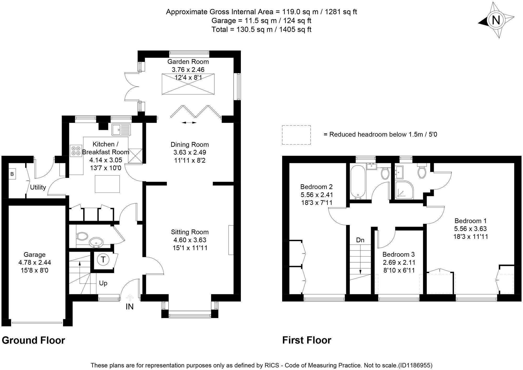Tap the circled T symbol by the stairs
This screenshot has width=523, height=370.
coord(103,259)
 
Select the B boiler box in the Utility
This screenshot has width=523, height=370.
coord(12,174)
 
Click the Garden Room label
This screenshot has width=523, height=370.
coord(188,62)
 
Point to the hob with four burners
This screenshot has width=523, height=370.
coord(76,151)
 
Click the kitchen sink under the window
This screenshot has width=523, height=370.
coord(121,130)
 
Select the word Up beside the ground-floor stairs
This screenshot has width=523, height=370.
coord(103,283)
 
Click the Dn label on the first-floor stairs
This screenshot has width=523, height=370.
coord(360,240)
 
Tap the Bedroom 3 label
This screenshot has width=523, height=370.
coord(399,254)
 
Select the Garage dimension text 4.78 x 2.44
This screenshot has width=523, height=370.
coord(35,262)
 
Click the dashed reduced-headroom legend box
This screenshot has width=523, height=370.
coord(296,135)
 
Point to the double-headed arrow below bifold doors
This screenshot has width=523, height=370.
coord(189,123)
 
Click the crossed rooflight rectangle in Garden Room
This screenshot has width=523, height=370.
coord(188,84)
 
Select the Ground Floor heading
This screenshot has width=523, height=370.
coord(33,340)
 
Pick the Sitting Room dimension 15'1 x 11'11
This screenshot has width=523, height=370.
coord(190,248)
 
